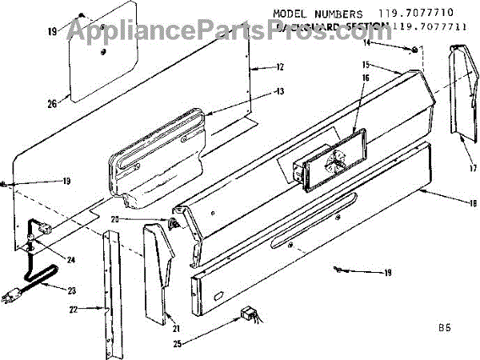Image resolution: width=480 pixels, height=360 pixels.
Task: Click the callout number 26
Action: (x=52, y=102)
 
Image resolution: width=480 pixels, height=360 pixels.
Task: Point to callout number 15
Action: (x=386, y=63)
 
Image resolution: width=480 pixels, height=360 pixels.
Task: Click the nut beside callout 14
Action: (x=414, y=50)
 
